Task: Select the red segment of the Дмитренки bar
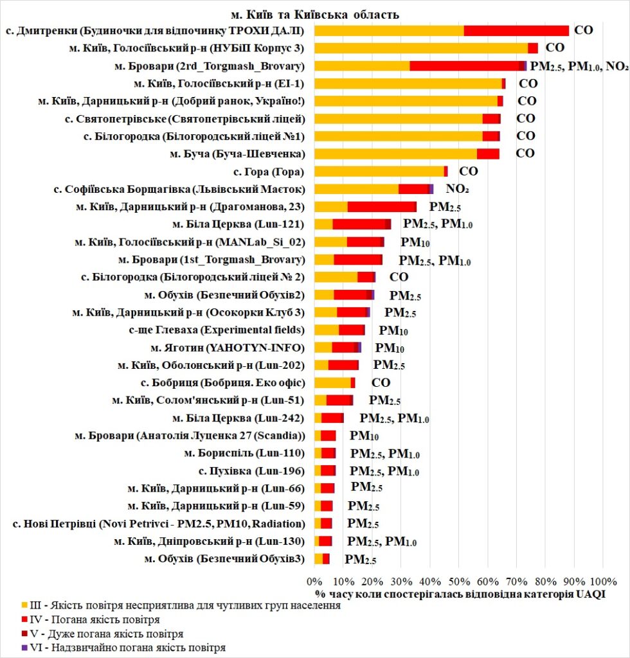tap(516, 30)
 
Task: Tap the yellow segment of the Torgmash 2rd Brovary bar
tap(362, 66)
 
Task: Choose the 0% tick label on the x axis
tap(314, 582)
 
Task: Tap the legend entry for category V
tap(102, 634)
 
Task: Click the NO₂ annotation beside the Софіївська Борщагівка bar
tap(458, 189)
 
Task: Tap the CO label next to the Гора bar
tap(468, 171)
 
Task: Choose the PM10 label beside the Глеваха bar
tap(393, 331)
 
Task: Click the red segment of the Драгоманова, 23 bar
tap(382, 206)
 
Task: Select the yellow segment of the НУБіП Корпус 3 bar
tap(421, 48)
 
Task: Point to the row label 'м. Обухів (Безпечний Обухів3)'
tap(224, 558)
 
